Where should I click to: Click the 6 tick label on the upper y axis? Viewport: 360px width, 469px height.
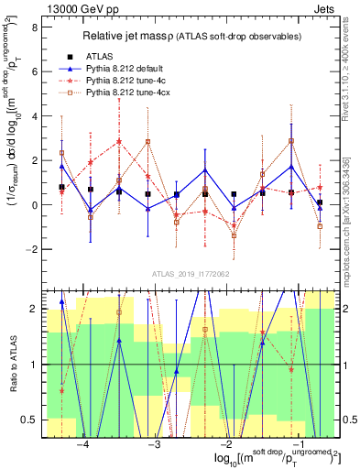[34, 71]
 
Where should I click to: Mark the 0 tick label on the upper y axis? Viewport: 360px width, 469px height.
[34, 205]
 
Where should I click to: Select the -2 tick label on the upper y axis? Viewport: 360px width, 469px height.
[31, 249]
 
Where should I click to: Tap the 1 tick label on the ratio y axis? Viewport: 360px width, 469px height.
[34, 365]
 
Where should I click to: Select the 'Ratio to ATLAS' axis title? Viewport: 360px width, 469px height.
[12, 365]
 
